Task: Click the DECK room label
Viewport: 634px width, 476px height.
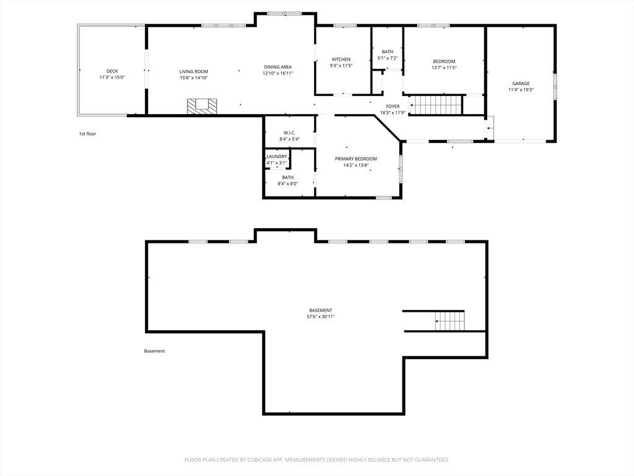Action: (x=113, y=71)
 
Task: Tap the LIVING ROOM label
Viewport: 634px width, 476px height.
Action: (x=194, y=72)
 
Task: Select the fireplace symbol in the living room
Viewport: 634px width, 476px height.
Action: (x=202, y=106)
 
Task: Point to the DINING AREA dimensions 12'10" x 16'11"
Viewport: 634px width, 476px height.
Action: (x=278, y=73)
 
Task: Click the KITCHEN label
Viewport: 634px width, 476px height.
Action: (x=341, y=59)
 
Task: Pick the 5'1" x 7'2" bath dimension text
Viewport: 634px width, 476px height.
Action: (x=388, y=58)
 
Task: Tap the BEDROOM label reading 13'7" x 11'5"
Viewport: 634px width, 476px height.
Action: (x=444, y=61)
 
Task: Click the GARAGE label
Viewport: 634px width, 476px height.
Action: (x=521, y=84)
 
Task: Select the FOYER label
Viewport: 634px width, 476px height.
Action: (x=393, y=107)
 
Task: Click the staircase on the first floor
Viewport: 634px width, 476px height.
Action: (x=436, y=105)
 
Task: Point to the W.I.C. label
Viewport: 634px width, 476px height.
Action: (x=290, y=133)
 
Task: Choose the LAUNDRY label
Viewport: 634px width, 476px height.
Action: (x=277, y=157)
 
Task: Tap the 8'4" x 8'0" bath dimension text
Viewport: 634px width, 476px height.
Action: (x=288, y=183)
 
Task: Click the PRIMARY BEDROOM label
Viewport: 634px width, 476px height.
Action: (x=356, y=159)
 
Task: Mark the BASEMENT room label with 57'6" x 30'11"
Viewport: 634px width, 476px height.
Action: (x=321, y=311)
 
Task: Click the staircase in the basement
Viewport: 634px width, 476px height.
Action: (x=449, y=320)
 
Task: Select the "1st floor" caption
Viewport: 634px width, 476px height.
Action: (x=87, y=134)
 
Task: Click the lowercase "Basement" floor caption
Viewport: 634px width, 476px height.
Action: (x=154, y=351)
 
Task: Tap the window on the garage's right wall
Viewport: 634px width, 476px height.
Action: (x=555, y=86)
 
